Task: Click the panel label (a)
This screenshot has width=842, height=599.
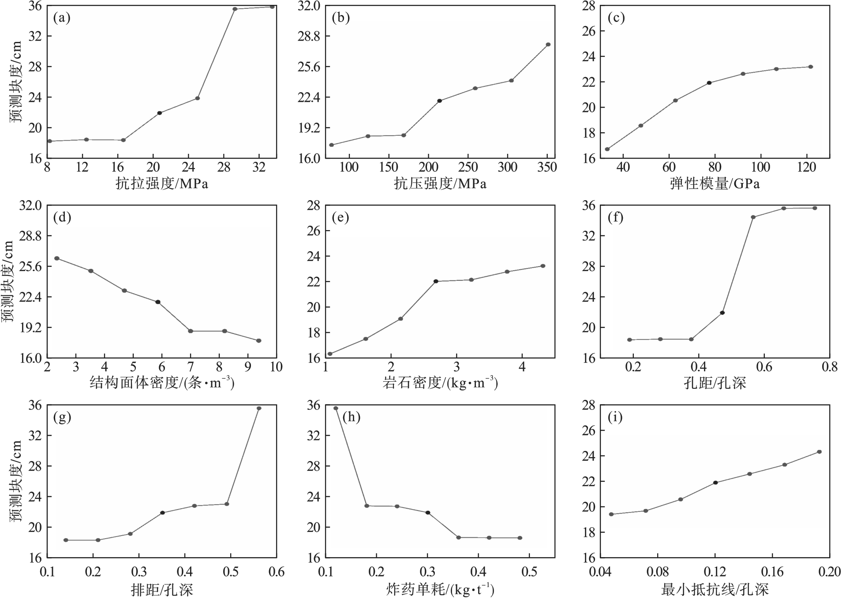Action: point(62,18)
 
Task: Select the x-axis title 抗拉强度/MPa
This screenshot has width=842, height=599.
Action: point(162,183)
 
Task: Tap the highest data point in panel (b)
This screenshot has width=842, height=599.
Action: point(548,45)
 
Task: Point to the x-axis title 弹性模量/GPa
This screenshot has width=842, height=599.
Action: point(715,183)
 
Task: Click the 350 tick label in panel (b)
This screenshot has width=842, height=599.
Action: point(547,167)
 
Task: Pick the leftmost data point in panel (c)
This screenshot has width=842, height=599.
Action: point(607,149)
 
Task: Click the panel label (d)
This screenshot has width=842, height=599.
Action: point(62,217)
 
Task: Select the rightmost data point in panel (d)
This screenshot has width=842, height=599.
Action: point(259,341)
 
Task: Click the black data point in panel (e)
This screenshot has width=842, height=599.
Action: point(436,281)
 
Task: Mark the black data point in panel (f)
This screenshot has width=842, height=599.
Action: point(722,313)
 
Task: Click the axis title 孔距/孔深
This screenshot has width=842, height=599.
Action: point(715,383)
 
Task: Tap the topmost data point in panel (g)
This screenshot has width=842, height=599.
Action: point(259,408)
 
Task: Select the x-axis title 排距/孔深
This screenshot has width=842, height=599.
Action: point(162,589)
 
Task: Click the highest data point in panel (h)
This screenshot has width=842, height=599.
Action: point(336,408)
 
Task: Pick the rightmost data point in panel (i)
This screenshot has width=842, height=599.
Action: point(820,452)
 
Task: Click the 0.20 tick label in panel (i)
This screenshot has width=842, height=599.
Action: point(829,572)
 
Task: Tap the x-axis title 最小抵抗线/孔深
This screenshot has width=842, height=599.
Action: point(715,589)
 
